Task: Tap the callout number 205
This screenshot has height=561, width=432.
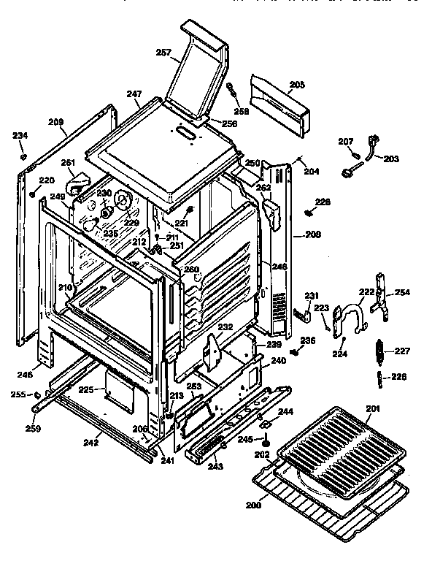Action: point(296,85)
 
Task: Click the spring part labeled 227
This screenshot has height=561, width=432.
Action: point(379,351)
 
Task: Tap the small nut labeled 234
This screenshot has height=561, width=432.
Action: point(23,156)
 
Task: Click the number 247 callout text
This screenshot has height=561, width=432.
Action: point(133,94)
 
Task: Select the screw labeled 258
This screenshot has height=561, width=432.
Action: point(233,94)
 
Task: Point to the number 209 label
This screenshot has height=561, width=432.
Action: point(56,122)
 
